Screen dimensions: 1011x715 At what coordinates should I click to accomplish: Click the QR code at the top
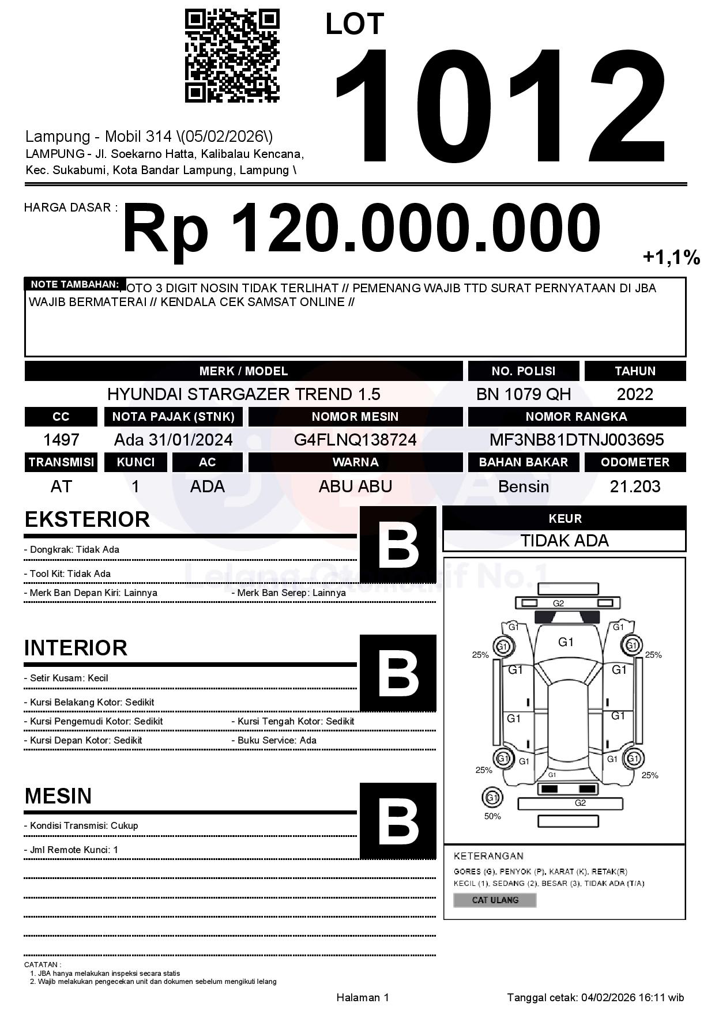tap(232, 55)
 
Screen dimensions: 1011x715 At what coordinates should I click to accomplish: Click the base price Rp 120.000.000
tap(361, 228)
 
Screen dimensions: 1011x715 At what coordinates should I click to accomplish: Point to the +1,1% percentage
tap(671, 258)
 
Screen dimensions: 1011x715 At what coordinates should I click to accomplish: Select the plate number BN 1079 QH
tap(523, 394)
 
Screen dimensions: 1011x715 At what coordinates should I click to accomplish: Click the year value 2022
tap(635, 394)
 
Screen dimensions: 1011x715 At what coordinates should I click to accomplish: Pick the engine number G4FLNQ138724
tap(355, 440)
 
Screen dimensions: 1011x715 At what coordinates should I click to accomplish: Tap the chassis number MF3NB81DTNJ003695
tap(577, 440)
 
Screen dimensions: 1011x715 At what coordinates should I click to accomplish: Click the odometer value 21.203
tap(635, 486)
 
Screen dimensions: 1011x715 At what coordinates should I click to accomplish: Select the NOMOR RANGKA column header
tap(577, 416)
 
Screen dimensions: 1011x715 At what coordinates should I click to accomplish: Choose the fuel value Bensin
tap(523, 486)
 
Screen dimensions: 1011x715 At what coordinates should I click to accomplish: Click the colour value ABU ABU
tap(355, 486)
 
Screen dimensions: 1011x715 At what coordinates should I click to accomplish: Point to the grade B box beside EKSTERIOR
tap(398, 545)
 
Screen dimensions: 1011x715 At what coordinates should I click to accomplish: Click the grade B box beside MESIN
tap(398, 821)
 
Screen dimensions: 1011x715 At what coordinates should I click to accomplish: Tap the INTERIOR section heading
tap(76, 648)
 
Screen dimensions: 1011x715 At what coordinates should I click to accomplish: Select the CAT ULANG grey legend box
tap(495, 900)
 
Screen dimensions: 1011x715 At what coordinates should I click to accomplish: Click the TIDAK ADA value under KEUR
tap(565, 541)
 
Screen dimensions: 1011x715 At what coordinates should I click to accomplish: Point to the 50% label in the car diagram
tap(492, 816)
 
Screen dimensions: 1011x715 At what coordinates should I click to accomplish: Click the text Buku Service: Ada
tap(277, 740)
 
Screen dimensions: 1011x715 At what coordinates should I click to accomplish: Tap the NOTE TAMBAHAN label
tap(74, 284)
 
